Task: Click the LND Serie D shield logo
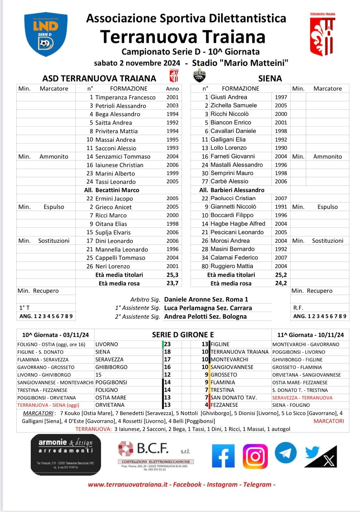(x=46, y=35)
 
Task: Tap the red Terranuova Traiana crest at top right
(x=322, y=35)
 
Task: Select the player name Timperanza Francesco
(x=125, y=97)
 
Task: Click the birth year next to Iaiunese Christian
(x=172, y=165)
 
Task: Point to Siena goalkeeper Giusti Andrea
(x=229, y=97)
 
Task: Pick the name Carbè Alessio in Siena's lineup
(x=229, y=181)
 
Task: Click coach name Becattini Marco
(x=117, y=190)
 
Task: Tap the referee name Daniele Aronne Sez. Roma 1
(x=206, y=300)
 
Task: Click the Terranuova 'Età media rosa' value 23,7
(x=172, y=283)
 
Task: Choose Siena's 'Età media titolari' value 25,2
(x=281, y=275)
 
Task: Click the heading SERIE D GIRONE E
(x=183, y=335)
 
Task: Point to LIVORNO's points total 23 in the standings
(x=168, y=344)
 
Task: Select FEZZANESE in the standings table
(x=224, y=405)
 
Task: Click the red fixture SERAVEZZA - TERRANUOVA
(x=302, y=398)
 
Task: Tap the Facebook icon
(x=223, y=456)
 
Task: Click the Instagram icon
(x=255, y=456)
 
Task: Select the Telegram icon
(x=286, y=452)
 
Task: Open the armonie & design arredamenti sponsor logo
(x=66, y=454)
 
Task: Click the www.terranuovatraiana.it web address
(x=128, y=484)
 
